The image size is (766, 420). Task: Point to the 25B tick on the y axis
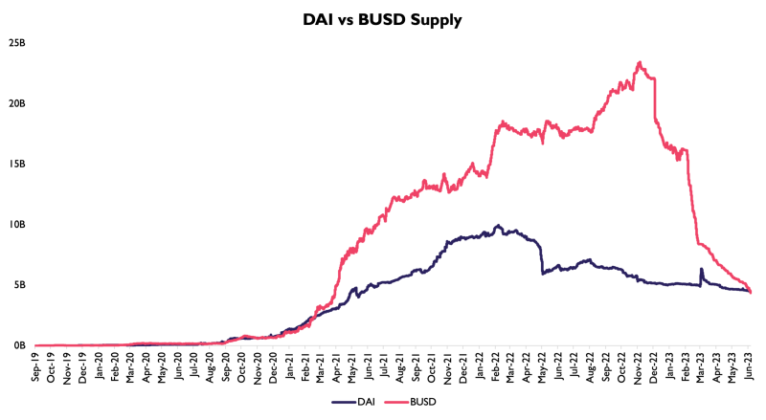(x=16, y=43)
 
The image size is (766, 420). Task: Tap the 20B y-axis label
(x=16, y=103)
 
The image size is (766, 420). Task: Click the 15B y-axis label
(x=16, y=164)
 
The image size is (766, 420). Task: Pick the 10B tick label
(x=16, y=224)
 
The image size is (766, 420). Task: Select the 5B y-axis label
(x=19, y=284)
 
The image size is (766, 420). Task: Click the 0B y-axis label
(x=19, y=345)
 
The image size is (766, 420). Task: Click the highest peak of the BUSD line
(x=639, y=62)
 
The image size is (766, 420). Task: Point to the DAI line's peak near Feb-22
(x=498, y=226)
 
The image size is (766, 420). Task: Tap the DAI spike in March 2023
(x=702, y=269)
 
